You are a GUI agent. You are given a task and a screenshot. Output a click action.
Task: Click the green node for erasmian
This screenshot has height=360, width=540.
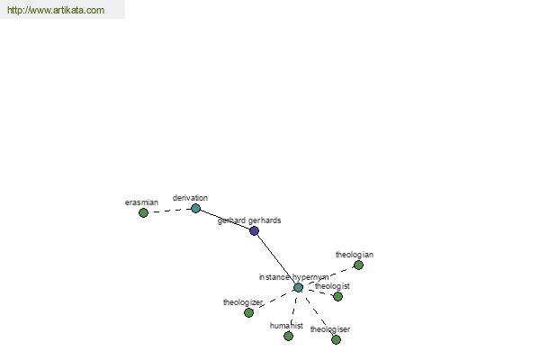click(x=143, y=213)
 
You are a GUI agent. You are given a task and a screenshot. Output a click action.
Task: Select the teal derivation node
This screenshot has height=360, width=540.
click(x=195, y=209)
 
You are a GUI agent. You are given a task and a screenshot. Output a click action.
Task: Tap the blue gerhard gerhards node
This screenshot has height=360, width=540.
click(x=254, y=230)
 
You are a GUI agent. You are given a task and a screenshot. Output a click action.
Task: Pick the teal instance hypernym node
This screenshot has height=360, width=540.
click(x=298, y=288)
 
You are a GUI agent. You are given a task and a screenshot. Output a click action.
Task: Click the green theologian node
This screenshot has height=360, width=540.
click(x=358, y=265)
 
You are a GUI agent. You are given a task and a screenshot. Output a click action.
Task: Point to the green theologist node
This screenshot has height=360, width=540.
click(x=337, y=297)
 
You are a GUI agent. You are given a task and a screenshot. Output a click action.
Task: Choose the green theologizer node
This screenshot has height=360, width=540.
click(x=248, y=313)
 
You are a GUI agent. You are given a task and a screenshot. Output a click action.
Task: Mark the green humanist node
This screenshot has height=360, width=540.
click(x=289, y=336)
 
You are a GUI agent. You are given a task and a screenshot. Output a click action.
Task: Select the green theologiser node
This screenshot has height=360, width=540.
click(x=336, y=340)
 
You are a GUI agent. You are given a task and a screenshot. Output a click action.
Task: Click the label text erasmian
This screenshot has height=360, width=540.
click(x=141, y=202)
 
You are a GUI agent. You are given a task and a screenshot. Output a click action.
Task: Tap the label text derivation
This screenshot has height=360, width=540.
click(x=190, y=198)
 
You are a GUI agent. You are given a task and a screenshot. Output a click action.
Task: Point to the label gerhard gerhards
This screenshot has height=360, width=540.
click(x=249, y=220)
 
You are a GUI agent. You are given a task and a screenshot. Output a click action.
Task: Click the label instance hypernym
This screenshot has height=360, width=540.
click(x=293, y=277)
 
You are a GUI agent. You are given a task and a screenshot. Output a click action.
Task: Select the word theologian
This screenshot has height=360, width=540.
click(x=355, y=255)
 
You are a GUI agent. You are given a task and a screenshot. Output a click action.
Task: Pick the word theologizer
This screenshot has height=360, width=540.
click(x=243, y=302)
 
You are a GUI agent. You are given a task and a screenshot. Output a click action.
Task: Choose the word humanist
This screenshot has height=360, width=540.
click(x=286, y=326)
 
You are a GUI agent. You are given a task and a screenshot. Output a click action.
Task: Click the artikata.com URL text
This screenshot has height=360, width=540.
click(x=56, y=10)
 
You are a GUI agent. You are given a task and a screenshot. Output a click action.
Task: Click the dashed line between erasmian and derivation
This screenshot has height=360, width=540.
click(x=169, y=211)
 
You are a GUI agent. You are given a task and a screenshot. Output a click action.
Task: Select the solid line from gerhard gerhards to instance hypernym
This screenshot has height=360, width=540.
click(x=276, y=259)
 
